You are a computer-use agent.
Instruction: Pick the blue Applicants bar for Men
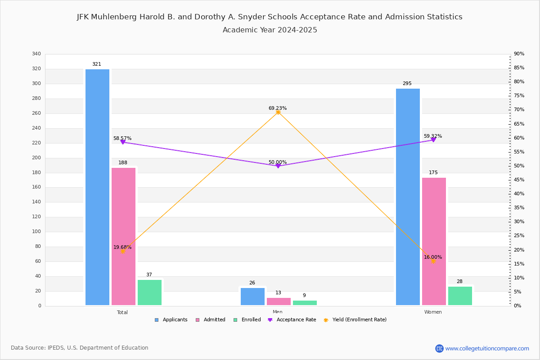pyautogui.click(x=252, y=297)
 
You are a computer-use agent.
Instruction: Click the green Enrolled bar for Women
pyautogui.click(x=460, y=296)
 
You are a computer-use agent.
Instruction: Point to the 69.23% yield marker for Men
pyautogui.click(x=278, y=112)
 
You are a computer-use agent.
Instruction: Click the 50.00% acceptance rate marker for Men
pyautogui.click(x=278, y=166)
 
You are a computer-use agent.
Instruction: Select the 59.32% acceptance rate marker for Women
pyautogui.click(x=433, y=140)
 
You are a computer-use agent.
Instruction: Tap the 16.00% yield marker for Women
pyautogui.click(x=433, y=261)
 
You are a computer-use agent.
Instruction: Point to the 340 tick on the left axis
pyautogui.click(x=36, y=54)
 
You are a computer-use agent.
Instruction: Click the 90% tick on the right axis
pyautogui.click(x=519, y=54)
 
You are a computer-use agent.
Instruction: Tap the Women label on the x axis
pyautogui.click(x=433, y=312)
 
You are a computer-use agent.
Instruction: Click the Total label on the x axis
pyautogui.click(x=122, y=312)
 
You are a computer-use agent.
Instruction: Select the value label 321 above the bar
pyautogui.click(x=97, y=64)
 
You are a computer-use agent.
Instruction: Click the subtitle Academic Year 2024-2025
pyautogui.click(x=270, y=30)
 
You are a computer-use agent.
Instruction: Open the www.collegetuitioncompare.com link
pyautogui.click(x=487, y=348)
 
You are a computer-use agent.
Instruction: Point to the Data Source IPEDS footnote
pyautogui.click(x=80, y=348)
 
